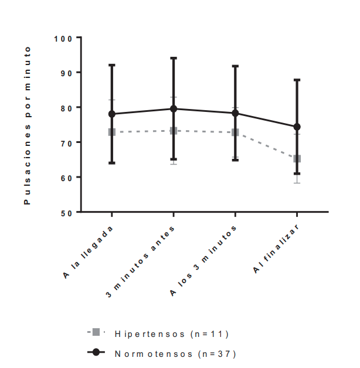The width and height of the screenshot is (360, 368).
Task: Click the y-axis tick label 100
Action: [x=63, y=38]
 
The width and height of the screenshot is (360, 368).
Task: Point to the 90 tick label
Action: [x=66, y=73]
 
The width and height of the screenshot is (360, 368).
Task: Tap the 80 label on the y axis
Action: [x=66, y=108]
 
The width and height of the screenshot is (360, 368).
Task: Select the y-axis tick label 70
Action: [x=66, y=142]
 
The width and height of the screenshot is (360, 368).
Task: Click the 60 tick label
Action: [x=66, y=178]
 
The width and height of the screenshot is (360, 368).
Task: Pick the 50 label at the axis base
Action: [x=66, y=212]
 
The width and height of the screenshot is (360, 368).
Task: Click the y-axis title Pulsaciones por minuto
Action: [x=27, y=125]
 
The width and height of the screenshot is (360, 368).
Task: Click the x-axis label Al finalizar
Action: [x=278, y=248]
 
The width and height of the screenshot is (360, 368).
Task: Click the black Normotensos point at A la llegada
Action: [x=112, y=114]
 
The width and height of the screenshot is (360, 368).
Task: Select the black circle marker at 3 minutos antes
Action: [x=174, y=108]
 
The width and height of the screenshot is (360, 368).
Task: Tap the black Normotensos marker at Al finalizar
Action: [x=297, y=127]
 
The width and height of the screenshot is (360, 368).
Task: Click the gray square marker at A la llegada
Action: [x=112, y=132]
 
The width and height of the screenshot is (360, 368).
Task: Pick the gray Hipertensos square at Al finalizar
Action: [x=297, y=158]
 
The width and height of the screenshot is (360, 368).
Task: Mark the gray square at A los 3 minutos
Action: [x=235, y=132]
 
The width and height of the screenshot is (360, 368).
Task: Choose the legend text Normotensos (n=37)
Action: [x=175, y=353]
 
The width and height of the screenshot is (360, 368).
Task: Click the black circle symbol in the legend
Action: [x=96, y=353]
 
